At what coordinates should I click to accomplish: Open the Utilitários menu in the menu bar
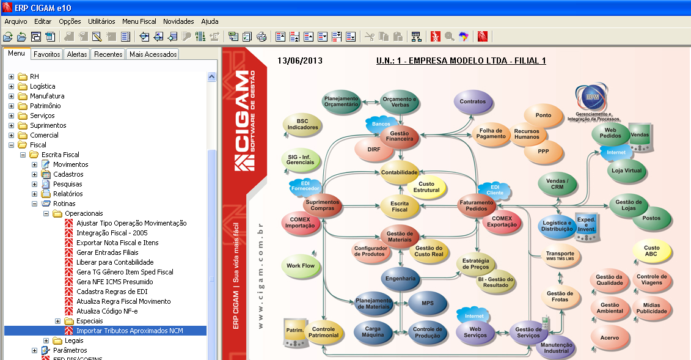point(101,21)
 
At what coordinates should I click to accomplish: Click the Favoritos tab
point(47,54)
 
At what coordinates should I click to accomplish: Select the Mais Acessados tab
point(153,54)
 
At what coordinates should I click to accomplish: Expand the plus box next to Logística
point(12,87)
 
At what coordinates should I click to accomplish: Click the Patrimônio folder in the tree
point(45,106)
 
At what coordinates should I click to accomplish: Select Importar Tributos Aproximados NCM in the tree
point(130,331)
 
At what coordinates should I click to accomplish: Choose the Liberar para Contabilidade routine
point(115,262)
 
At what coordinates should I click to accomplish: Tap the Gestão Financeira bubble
point(400,136)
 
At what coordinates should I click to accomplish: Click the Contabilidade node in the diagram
point(400,172)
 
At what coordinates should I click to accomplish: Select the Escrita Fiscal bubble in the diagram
point(400,206)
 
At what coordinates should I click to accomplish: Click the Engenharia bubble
point(400,279)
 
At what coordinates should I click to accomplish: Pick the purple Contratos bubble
point(473,101)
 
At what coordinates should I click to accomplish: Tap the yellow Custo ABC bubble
point(651,251)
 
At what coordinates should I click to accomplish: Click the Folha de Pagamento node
point(492,133)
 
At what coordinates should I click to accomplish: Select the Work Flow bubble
point(301,266)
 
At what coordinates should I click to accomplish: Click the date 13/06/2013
point(300,61)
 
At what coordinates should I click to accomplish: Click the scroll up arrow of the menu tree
point(211,77)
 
